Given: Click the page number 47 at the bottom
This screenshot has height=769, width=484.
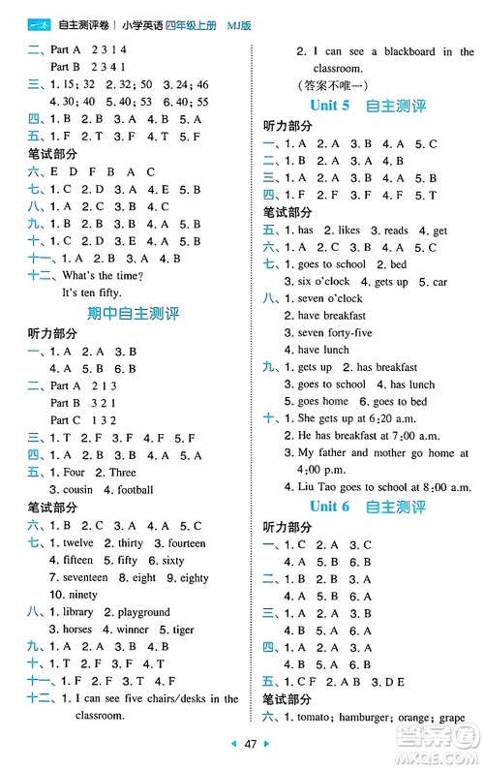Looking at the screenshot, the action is [x=250, y=745].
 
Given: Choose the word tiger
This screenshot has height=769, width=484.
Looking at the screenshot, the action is [x=179, y=630].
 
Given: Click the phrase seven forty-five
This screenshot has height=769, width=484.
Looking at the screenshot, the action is [x=335, y=333].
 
